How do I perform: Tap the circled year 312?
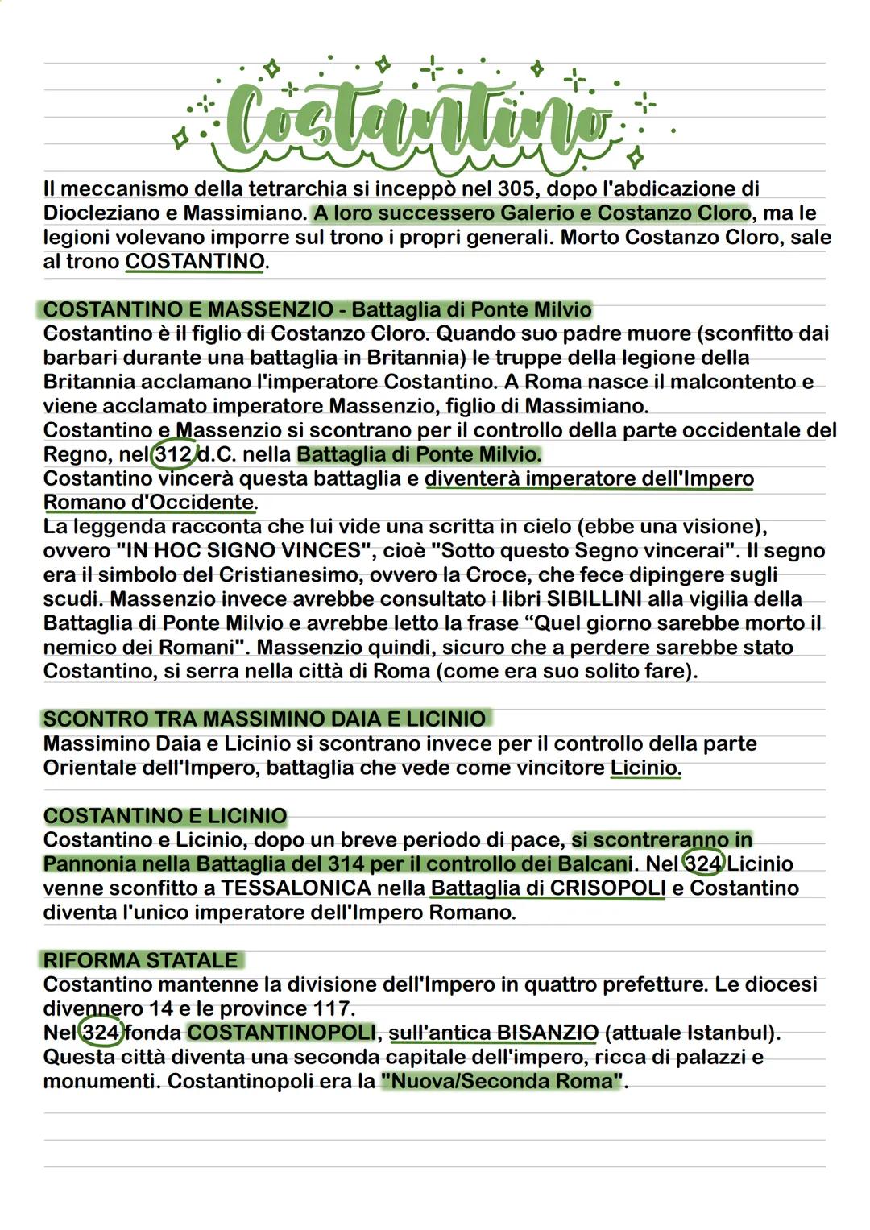pyautogui.click(x=172, y=454)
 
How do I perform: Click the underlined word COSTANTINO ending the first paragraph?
pyautogui.click(x=194, y=262)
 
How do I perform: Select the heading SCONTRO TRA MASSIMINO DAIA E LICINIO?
pyautogui.click(x=264, y=719)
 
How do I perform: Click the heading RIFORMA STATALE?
pyautogui.click(x=141, y=960)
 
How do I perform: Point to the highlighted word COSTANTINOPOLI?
pyautogui.click(x=281, y=1033)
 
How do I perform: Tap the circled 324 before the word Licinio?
pyautogui.click(x=702, y=864)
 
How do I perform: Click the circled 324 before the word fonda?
pyautogui.click(x=101, y=1033)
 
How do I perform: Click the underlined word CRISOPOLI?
pyautogui.click(x=608, y=888)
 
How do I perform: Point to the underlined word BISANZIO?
pyautogui.click(x=547, y=1033)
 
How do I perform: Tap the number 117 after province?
pyautogui.click(x=333, y=1008)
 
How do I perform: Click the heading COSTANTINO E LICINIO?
pyautogui.click(x=165, y=816)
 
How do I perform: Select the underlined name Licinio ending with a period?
pyautogui.click(x=644, y=768)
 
